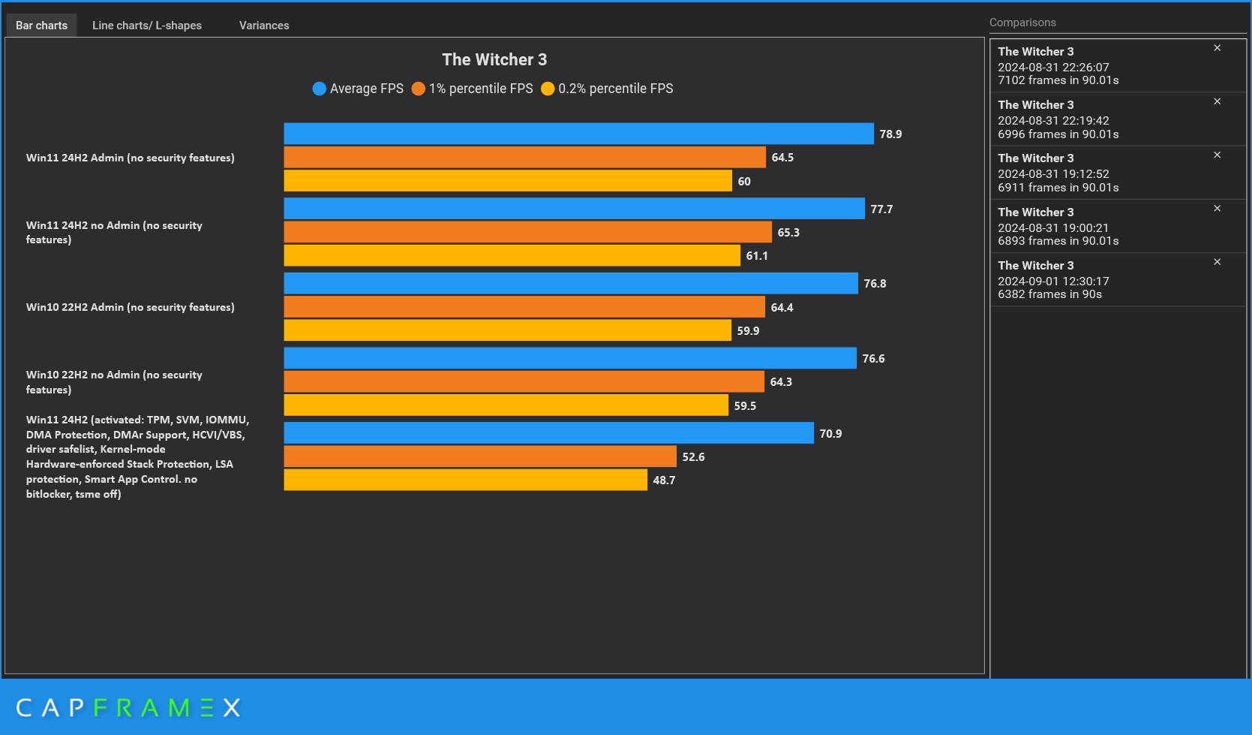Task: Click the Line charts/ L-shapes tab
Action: click(x=147, y=26)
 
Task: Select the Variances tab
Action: click(x=264, y=26)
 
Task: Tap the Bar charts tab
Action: click(x=41, y=26)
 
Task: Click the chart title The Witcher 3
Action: click(x=494, y=59)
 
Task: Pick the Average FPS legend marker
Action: click(x=320, y=89)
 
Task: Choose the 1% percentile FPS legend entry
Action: click(x=473, y=89)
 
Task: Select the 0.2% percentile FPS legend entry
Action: click(x=607, y=89)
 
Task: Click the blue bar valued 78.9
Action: click(x=578, y=134)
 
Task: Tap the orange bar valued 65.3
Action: click(x=527, y=232)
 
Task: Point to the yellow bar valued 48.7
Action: click(x=465, y=480)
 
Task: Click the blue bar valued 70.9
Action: click(x=548, y=433)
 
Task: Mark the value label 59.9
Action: click(x=748, y=331)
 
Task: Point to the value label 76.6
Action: click(x=873, y=359)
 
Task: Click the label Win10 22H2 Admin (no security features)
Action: click(x=131, y=307)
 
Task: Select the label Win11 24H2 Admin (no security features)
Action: click(x=131, y=158)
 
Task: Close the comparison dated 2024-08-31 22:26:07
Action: click(x=1217, y=48)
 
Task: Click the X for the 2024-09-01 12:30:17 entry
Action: click(x=1217, y=262)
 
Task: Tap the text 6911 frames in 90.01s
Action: click(x=1058, y=188)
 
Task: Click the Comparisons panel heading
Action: click(x=1022, y=23)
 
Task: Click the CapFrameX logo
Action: click(x=128, y=707)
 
